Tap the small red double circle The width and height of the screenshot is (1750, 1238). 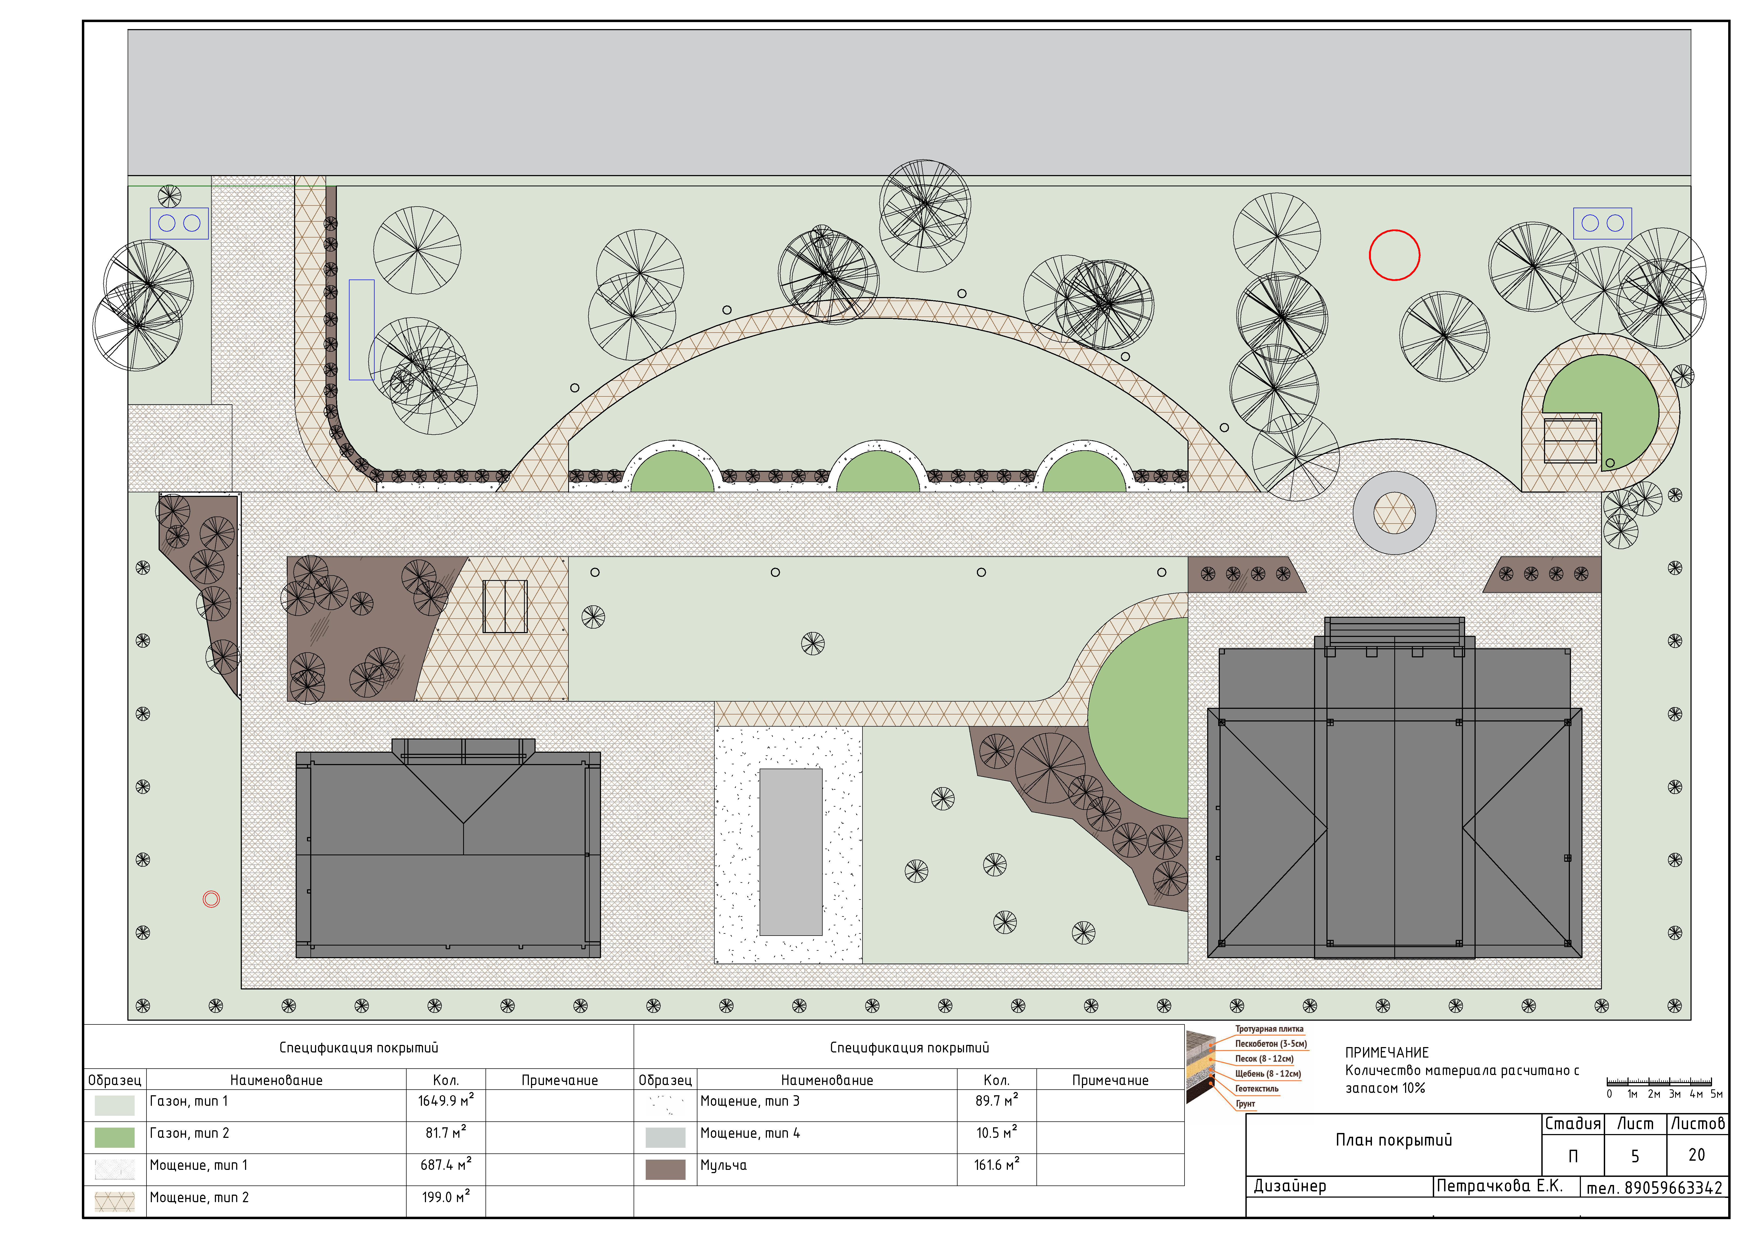[x=211, y=899]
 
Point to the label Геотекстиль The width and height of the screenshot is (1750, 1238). [x=1257, y=1089]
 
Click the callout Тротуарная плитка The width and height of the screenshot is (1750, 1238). [x=1269, y=1029]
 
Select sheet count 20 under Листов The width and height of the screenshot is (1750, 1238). [x=1697, y=1155]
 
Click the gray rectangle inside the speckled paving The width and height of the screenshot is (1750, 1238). [x=791, y=852]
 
